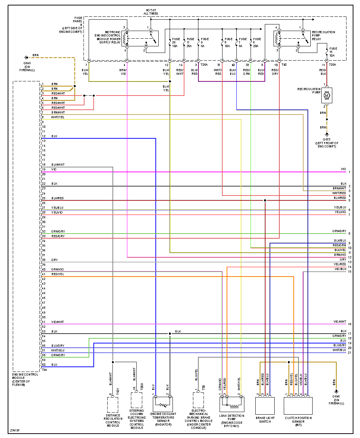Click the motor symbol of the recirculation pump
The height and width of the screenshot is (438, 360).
pos(326,96)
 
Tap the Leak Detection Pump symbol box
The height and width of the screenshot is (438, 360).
pos(232,404)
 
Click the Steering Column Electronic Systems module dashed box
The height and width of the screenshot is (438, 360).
pos(136,400)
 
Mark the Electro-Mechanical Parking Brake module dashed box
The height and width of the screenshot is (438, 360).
pos(198,400)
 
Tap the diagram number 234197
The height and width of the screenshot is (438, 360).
pos(15,431)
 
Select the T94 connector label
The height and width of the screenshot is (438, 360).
pos(44,370)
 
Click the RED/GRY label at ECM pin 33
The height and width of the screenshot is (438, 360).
pos(58,236)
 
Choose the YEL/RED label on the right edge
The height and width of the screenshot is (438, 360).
pos(340,264)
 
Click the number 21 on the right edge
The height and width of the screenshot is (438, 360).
pos(349,353)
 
